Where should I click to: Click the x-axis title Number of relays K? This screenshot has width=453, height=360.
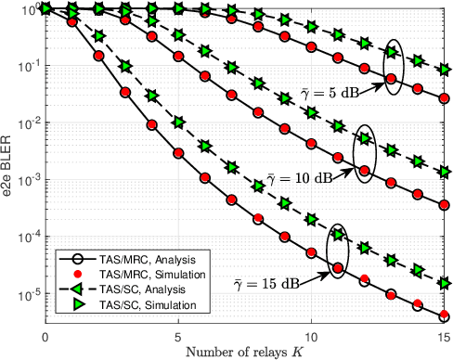245,350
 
